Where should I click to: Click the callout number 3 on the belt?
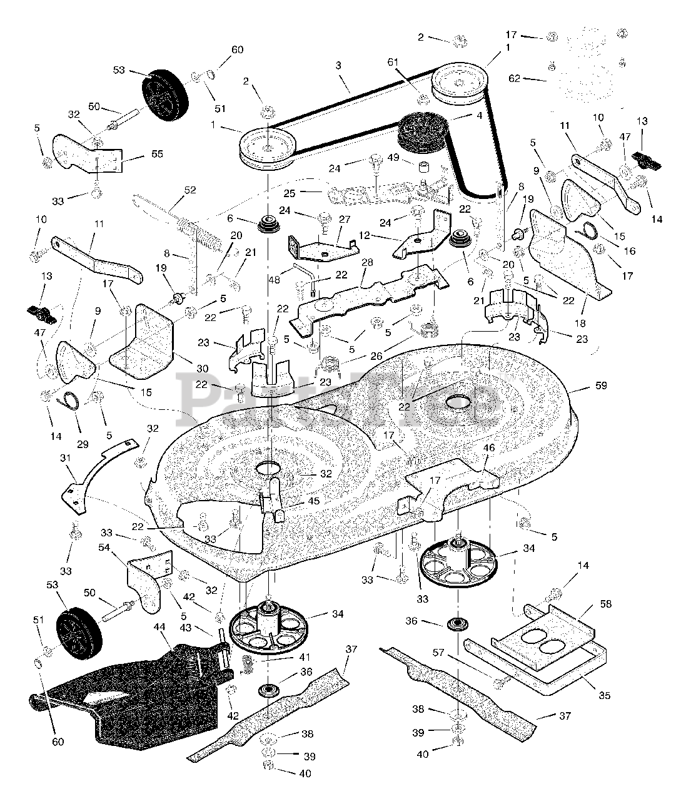[338, 65]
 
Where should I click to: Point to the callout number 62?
[514, 78]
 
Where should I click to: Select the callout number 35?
[603, 695]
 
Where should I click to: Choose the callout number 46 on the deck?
[488, 448]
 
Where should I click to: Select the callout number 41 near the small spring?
[305, 657]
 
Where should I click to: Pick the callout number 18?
[580, 324]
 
